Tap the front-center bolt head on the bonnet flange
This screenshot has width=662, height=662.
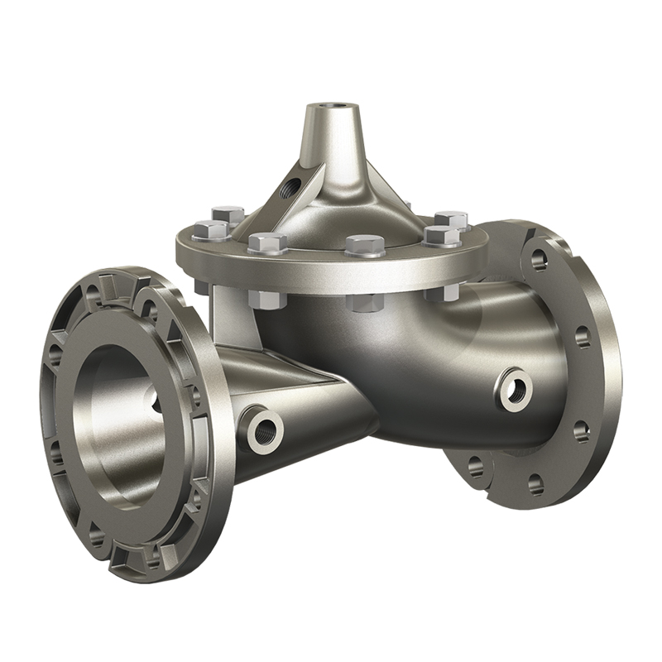364,245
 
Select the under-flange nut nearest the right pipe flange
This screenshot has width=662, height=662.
442,291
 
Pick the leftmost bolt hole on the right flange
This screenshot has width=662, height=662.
476,466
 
